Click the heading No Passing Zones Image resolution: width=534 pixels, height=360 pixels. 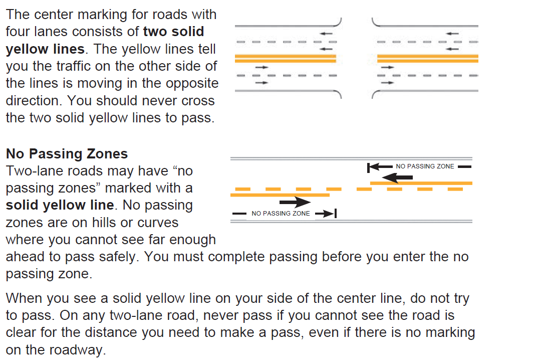coord(67,153)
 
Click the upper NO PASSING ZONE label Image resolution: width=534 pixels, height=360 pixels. coord(425,166)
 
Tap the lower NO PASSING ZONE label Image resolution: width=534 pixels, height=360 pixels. coord(281,214)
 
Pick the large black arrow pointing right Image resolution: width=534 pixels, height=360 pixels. coord(295,202)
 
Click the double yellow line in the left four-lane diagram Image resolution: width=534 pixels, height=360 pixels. coord(285,58)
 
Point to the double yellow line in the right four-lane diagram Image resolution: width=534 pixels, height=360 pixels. coord(427,58)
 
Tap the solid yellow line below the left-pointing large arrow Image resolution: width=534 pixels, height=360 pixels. coord(421,184)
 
